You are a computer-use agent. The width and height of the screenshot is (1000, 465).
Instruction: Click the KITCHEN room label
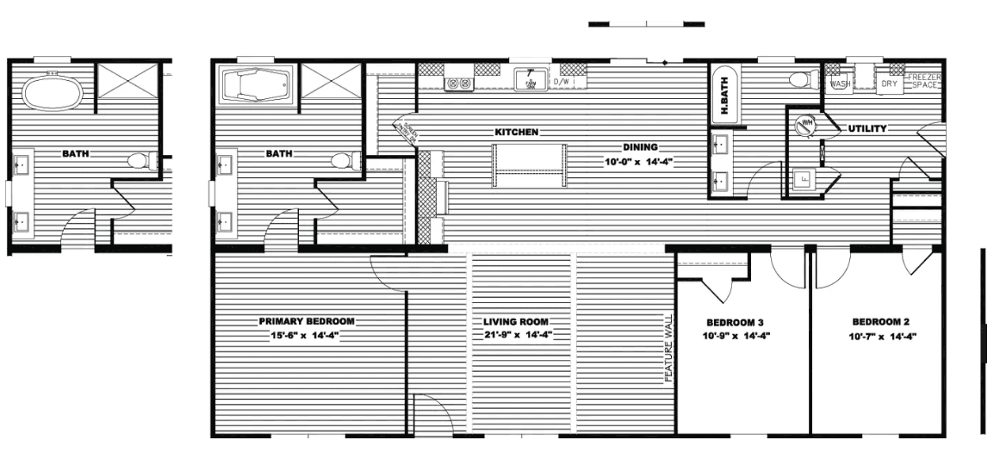coord(516,133)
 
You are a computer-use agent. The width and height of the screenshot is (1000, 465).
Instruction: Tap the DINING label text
coord(640,147)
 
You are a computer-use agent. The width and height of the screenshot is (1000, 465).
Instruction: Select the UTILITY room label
coord(867,128)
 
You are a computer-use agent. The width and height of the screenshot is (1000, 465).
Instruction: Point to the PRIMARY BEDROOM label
coord(307,321)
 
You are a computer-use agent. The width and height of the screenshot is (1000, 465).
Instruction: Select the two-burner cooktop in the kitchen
coord(457,84)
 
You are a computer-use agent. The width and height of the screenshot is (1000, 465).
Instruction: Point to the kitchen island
coord(530,165)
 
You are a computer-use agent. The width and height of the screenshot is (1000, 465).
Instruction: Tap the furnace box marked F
coord(803,179)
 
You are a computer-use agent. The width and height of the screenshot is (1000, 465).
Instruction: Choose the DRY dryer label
coord(889,84)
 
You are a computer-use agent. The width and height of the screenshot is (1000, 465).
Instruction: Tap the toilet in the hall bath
coord(800,80)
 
